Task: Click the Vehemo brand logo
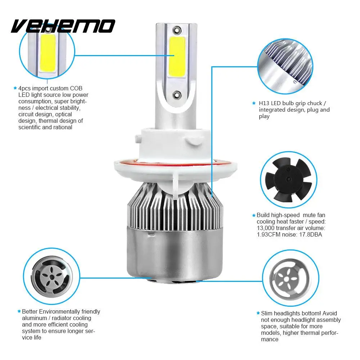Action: pos(63,26)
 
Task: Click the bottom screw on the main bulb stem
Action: pos(176,95)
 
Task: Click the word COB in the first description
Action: pos(79,88)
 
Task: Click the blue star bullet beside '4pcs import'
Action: pos(15,88)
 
